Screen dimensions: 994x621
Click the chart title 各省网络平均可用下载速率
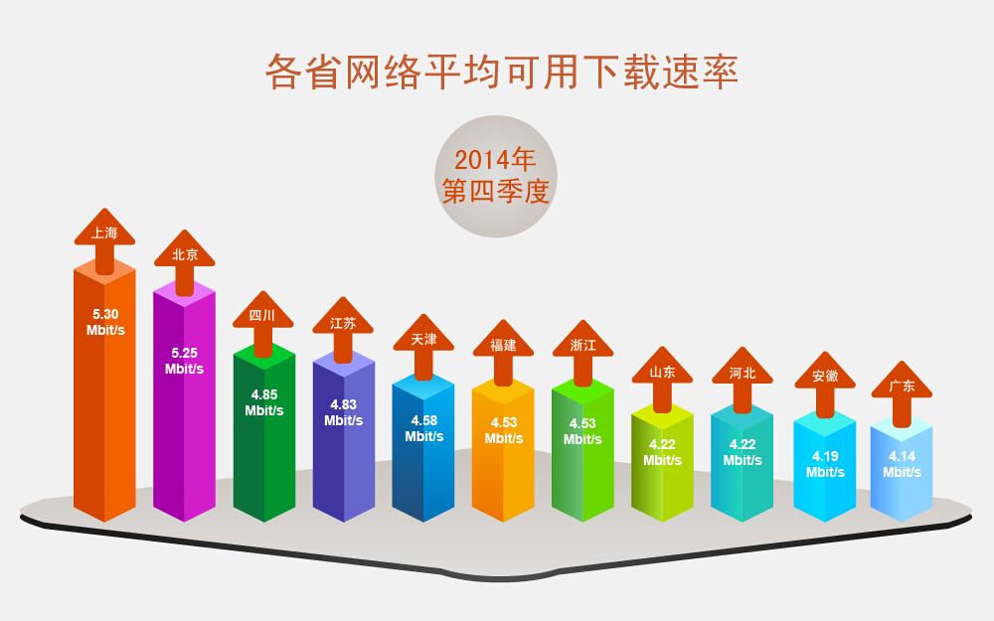501,72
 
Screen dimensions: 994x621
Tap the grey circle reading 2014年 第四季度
496,176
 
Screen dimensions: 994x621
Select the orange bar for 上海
104,389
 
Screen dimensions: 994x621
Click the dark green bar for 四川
264,433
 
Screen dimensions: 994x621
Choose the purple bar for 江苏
344,437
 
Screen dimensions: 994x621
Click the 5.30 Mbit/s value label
105,322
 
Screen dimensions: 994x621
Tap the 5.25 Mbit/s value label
185,361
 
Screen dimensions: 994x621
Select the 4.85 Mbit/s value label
264,402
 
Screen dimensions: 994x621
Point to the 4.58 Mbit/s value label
424,428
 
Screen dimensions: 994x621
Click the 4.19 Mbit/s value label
825,464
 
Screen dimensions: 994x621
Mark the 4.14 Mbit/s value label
903,464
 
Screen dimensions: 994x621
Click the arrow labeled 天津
423,347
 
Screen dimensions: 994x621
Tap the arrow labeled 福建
503,353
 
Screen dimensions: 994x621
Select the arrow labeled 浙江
582,353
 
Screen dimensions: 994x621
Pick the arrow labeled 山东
662,380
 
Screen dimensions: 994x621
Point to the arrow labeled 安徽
825,385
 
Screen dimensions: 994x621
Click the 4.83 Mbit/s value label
344,412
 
